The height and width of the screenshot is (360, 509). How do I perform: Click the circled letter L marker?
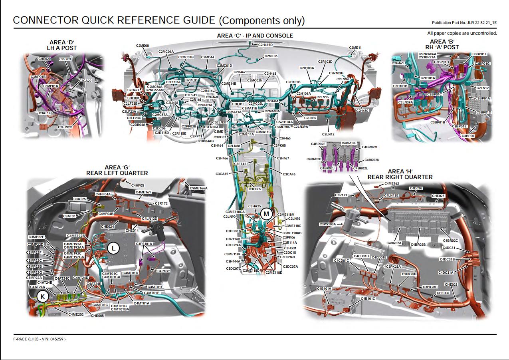114,248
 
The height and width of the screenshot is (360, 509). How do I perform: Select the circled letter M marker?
266,214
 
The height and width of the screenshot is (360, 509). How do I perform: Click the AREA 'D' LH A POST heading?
62,45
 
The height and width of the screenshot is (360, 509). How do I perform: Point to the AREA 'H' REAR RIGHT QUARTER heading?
400,174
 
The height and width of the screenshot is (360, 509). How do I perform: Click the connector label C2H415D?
265,45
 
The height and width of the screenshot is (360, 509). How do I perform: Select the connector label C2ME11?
355,48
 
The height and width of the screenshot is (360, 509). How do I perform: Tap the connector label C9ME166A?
198,188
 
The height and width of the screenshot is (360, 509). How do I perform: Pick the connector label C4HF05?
138,185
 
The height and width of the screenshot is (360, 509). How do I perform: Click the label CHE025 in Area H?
438,196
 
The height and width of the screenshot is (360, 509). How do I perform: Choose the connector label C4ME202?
75,314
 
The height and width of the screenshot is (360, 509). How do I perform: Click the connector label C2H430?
362,111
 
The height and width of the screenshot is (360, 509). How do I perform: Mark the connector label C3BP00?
468,136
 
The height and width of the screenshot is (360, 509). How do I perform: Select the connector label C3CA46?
289,174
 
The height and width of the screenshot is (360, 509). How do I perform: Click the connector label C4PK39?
164,270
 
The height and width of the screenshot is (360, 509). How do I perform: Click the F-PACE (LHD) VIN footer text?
40,339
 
